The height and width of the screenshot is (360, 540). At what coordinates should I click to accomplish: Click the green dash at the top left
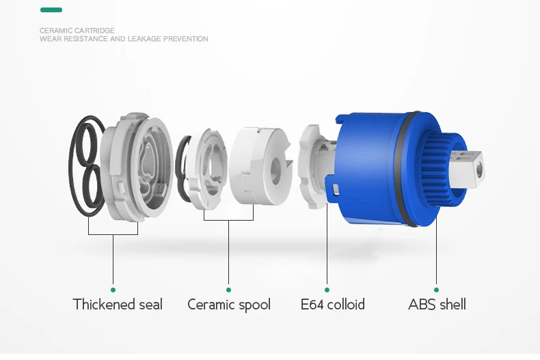[51, 10]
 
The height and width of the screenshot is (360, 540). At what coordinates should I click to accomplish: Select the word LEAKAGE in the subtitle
[145, 39]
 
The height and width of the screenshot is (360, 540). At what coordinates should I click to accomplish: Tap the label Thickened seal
[118, 305]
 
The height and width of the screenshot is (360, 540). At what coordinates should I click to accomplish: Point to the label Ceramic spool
[229, 305]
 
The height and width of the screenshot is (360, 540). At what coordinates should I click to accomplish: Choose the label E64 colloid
[333, 305]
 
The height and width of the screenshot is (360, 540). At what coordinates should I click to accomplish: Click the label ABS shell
[437, 305]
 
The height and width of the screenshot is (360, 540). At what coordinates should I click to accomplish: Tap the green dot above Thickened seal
[113, 290]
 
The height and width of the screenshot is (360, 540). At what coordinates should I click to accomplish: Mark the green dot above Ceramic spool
[229, 290]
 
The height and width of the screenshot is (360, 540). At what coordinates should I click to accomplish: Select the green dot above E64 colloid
[327, 290]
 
